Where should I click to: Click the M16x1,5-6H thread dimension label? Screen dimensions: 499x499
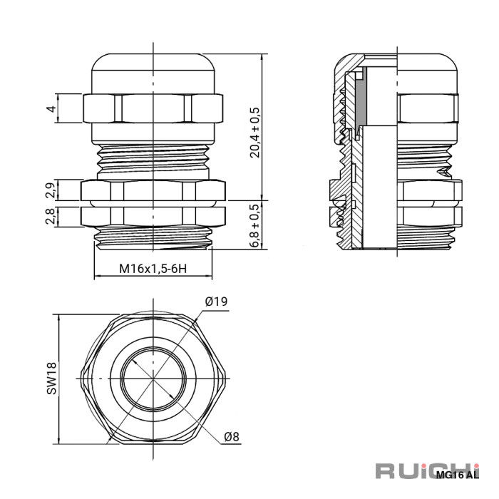coord(153,269)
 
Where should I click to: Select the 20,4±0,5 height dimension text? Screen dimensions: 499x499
coord(255,133)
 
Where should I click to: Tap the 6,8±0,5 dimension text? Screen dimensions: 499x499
coord(255,225)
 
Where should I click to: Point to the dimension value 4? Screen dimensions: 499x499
coord(51,108)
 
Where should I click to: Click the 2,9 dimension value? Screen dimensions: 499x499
coord(51,190)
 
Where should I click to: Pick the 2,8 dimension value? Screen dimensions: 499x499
coord(51,216)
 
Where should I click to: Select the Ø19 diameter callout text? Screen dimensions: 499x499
coord(217,301)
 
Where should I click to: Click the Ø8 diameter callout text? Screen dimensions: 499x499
coord(232,436)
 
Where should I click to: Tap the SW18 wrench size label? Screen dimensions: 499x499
coord(51,379)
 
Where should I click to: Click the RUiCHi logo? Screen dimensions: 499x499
coord(427,471)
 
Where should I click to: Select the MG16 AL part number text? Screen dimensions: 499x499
coord(458,475)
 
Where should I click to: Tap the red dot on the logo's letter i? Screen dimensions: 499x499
coord(476,466)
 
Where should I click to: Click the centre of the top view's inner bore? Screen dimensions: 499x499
coord(153,379)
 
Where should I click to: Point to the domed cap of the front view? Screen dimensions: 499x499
coord(153,74)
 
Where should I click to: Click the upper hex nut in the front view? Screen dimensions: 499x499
coord(153,108)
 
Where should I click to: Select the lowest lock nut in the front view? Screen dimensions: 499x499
coord(153,217)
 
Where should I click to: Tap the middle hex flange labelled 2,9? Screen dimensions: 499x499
coord(153,190)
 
